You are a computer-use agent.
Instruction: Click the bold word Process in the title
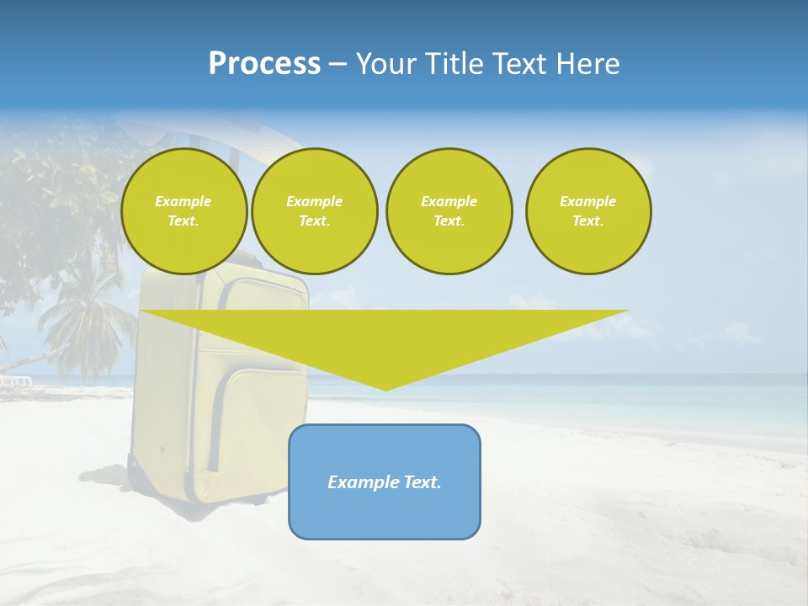coord(264,64)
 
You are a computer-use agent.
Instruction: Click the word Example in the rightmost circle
coord(587,201)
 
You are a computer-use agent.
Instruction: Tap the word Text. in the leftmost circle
coord(183,221)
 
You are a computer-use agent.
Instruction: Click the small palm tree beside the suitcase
coord(84,328)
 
